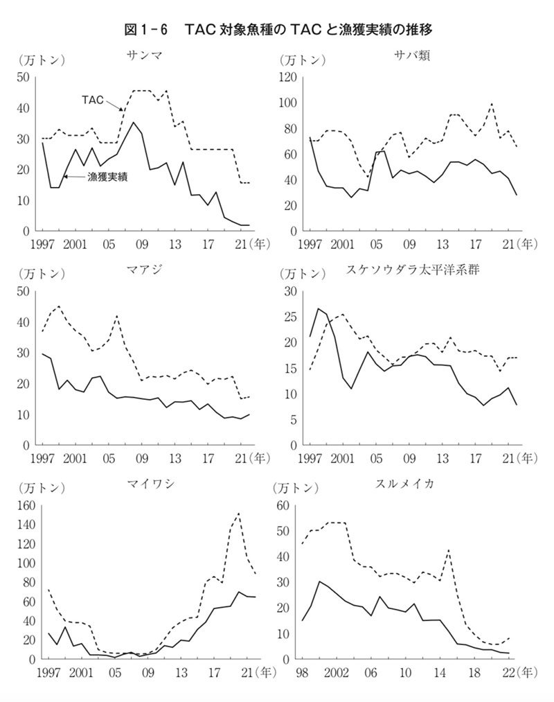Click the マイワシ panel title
tap(145, 482)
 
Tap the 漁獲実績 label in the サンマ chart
tap(110, 177)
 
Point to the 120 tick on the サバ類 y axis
tap(287, 77)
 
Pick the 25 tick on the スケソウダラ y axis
tap(291, 317)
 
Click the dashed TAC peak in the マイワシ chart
tap(238, 514)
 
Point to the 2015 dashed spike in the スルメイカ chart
tap(449, 550)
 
